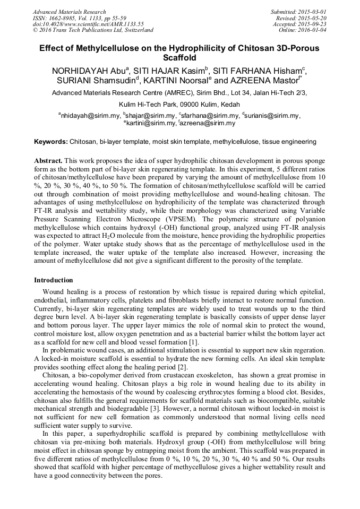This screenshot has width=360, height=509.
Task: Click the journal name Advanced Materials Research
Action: tap(69, 12)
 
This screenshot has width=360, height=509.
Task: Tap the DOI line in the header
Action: tap(88, 24)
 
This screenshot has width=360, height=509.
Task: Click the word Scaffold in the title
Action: tap(179, 57)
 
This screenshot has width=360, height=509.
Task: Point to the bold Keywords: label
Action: tap(51, 142)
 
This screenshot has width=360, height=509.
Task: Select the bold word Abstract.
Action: tap(49, 160)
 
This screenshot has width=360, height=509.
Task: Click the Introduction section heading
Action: tap(54, 280)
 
